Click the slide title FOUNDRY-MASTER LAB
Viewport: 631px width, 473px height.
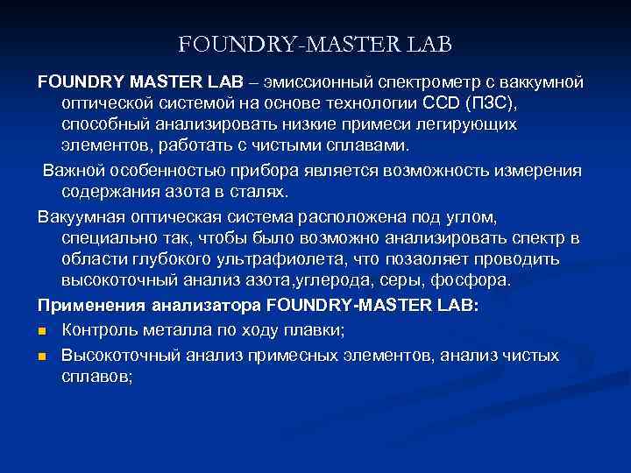(x=315, y=43)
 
